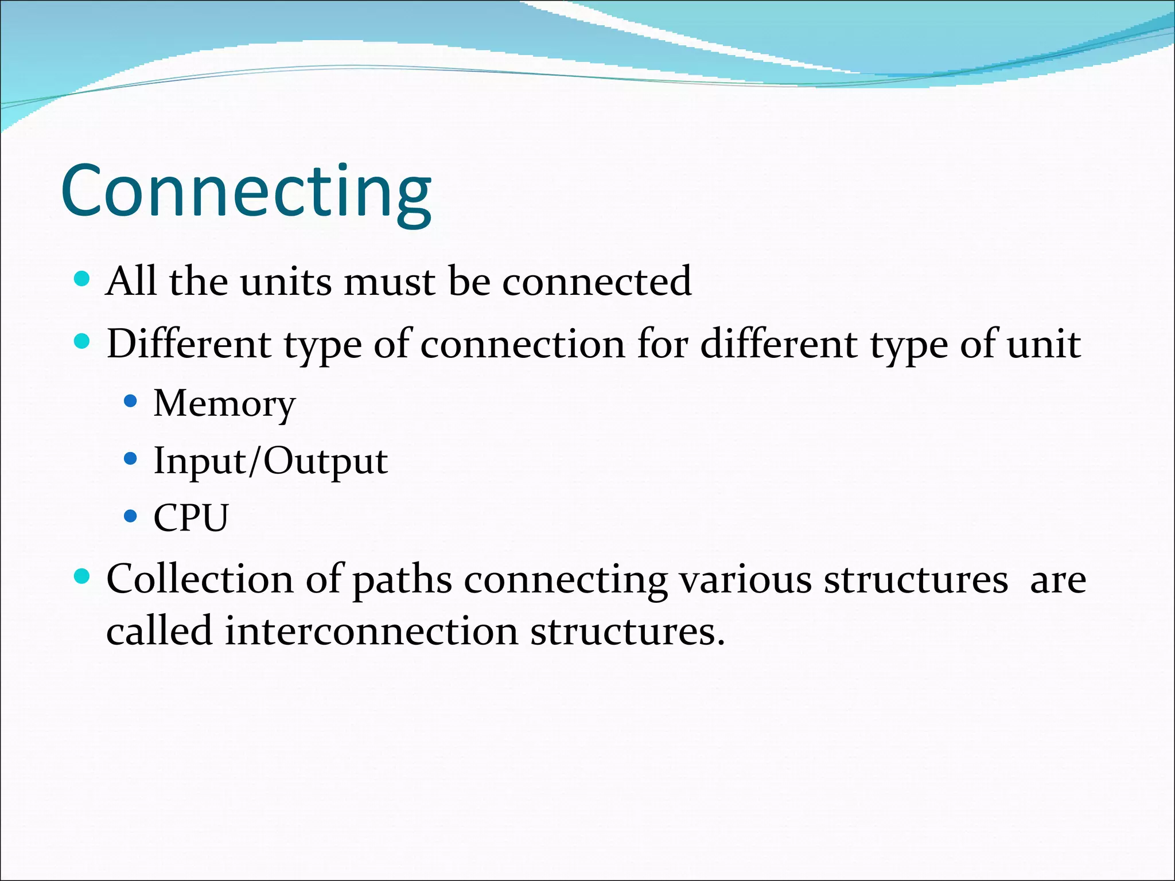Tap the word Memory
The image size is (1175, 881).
[224, 404]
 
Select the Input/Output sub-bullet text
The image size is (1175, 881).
[270, 461]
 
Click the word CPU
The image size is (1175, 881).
[191, 518]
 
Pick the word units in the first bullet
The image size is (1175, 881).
[285, 282]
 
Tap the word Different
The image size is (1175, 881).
[189, 344]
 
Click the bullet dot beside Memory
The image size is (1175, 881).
[131, 401]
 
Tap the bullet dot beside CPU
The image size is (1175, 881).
[131, 516]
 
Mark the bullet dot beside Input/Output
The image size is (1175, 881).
[131, 459]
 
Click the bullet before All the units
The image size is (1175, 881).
[83, 279]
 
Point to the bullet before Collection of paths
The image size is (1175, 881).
[83, 576]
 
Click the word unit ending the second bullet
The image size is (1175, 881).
[1044, 344]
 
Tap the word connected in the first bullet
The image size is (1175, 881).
[597, 282]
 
